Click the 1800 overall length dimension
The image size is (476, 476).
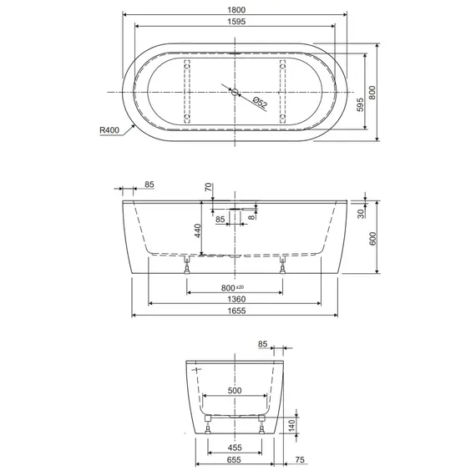click(236, 10)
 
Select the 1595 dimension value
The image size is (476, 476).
click(236, 22)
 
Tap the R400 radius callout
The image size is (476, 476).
click(109, 130)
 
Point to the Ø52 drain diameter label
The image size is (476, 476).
click(260, 103)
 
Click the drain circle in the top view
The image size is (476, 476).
click(235, 92)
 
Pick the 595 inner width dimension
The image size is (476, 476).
click(360, 104)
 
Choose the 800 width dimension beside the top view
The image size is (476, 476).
click(372, 93)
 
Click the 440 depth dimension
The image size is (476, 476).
click(198, 230)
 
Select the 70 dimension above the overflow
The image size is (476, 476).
click(209, 187)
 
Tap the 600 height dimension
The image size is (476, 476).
click(372, 239)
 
